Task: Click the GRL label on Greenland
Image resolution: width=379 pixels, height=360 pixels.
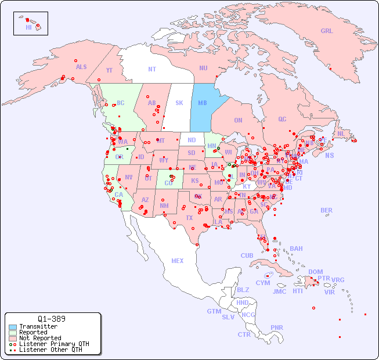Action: pos(327,31)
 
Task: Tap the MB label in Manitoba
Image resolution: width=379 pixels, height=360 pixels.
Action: pos(203,103)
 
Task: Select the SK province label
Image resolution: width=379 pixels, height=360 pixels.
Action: pos(179,103)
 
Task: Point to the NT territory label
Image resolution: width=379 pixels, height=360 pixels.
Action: pos(152,69)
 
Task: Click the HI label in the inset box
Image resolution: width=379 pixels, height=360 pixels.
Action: pos(28,27)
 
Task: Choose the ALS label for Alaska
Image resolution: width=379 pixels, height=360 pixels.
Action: pos(81,67)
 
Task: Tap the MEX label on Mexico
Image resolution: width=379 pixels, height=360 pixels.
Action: pos(178,261)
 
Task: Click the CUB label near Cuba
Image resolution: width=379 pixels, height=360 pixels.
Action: pos(247,255)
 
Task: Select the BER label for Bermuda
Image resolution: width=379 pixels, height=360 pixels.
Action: pos(327,210)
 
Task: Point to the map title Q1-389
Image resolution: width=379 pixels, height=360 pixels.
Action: pos(51,319)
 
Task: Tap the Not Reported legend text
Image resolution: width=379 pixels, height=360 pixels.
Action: pos(40,338)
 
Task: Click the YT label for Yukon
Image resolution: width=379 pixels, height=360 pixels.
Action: pos(109,70)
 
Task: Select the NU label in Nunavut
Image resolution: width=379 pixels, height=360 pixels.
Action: pos(203,68)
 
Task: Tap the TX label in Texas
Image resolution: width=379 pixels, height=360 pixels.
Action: pos(189,218)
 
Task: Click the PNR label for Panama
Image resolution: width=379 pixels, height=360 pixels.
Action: pos(277,327)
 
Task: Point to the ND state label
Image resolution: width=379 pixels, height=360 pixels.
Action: pos(192,140)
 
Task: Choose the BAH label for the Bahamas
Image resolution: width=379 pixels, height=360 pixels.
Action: pos(296,249)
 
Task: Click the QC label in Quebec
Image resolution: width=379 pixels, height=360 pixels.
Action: pos(282,119)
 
